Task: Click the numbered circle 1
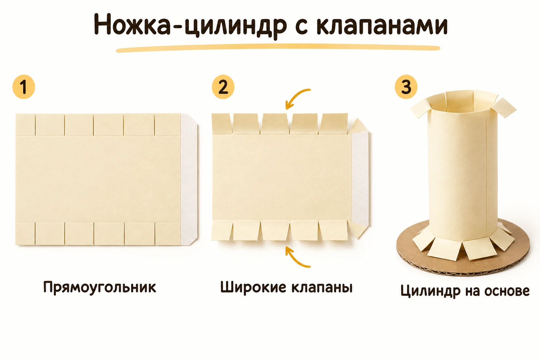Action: point(24,87)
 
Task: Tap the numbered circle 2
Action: point(223,87)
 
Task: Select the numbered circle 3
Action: point(406,87)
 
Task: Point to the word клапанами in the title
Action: point(382,25)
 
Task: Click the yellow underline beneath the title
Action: point(278,48)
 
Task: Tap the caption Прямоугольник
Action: point(99,287)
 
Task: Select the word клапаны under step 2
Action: point(322,288)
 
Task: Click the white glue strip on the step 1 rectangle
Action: point(189,179)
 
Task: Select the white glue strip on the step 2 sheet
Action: point(360,179)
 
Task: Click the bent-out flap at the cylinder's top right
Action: point(504,108)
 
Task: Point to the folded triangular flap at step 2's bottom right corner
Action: point(358,230)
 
